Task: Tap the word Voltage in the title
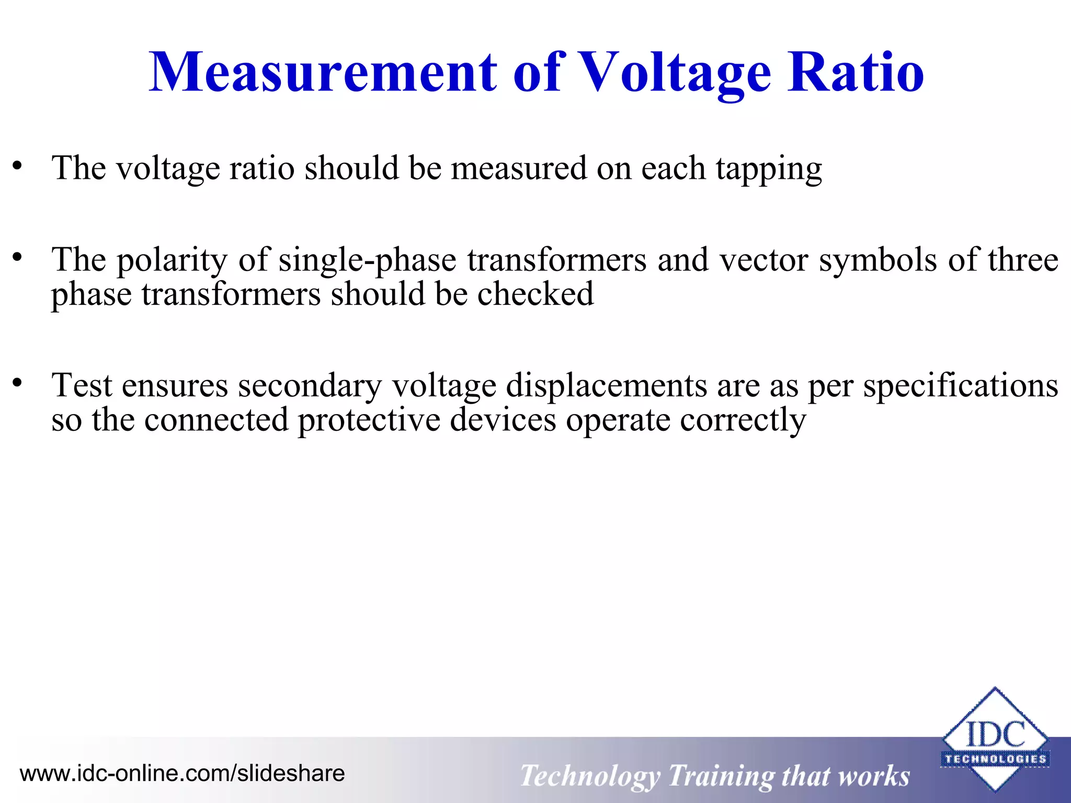pos(675,73)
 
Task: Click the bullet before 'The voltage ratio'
pos(18,166)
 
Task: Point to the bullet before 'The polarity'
pos(18,257)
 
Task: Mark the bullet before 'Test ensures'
pos(18,383)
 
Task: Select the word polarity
pos(172,260)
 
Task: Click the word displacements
pos(606,386)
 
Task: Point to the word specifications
pos(960,386)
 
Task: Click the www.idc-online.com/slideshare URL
pos(182,773)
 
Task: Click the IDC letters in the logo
pos(995,734)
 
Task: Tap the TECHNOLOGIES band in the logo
pos(995,759)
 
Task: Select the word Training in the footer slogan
pos(722,776)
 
